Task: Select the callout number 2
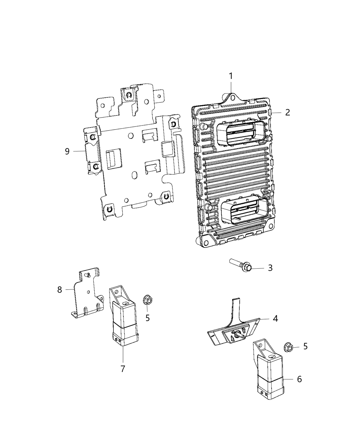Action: (287, 112)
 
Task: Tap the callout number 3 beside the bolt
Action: (270, 268)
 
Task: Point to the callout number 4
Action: (275, 318)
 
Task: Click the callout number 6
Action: (299, 379)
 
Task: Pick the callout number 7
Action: (123, 369)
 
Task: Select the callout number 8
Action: (60, 290)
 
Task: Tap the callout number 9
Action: (67, 151)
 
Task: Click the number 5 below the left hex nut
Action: (147, 318)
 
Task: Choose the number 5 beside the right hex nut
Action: (305, 347)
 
